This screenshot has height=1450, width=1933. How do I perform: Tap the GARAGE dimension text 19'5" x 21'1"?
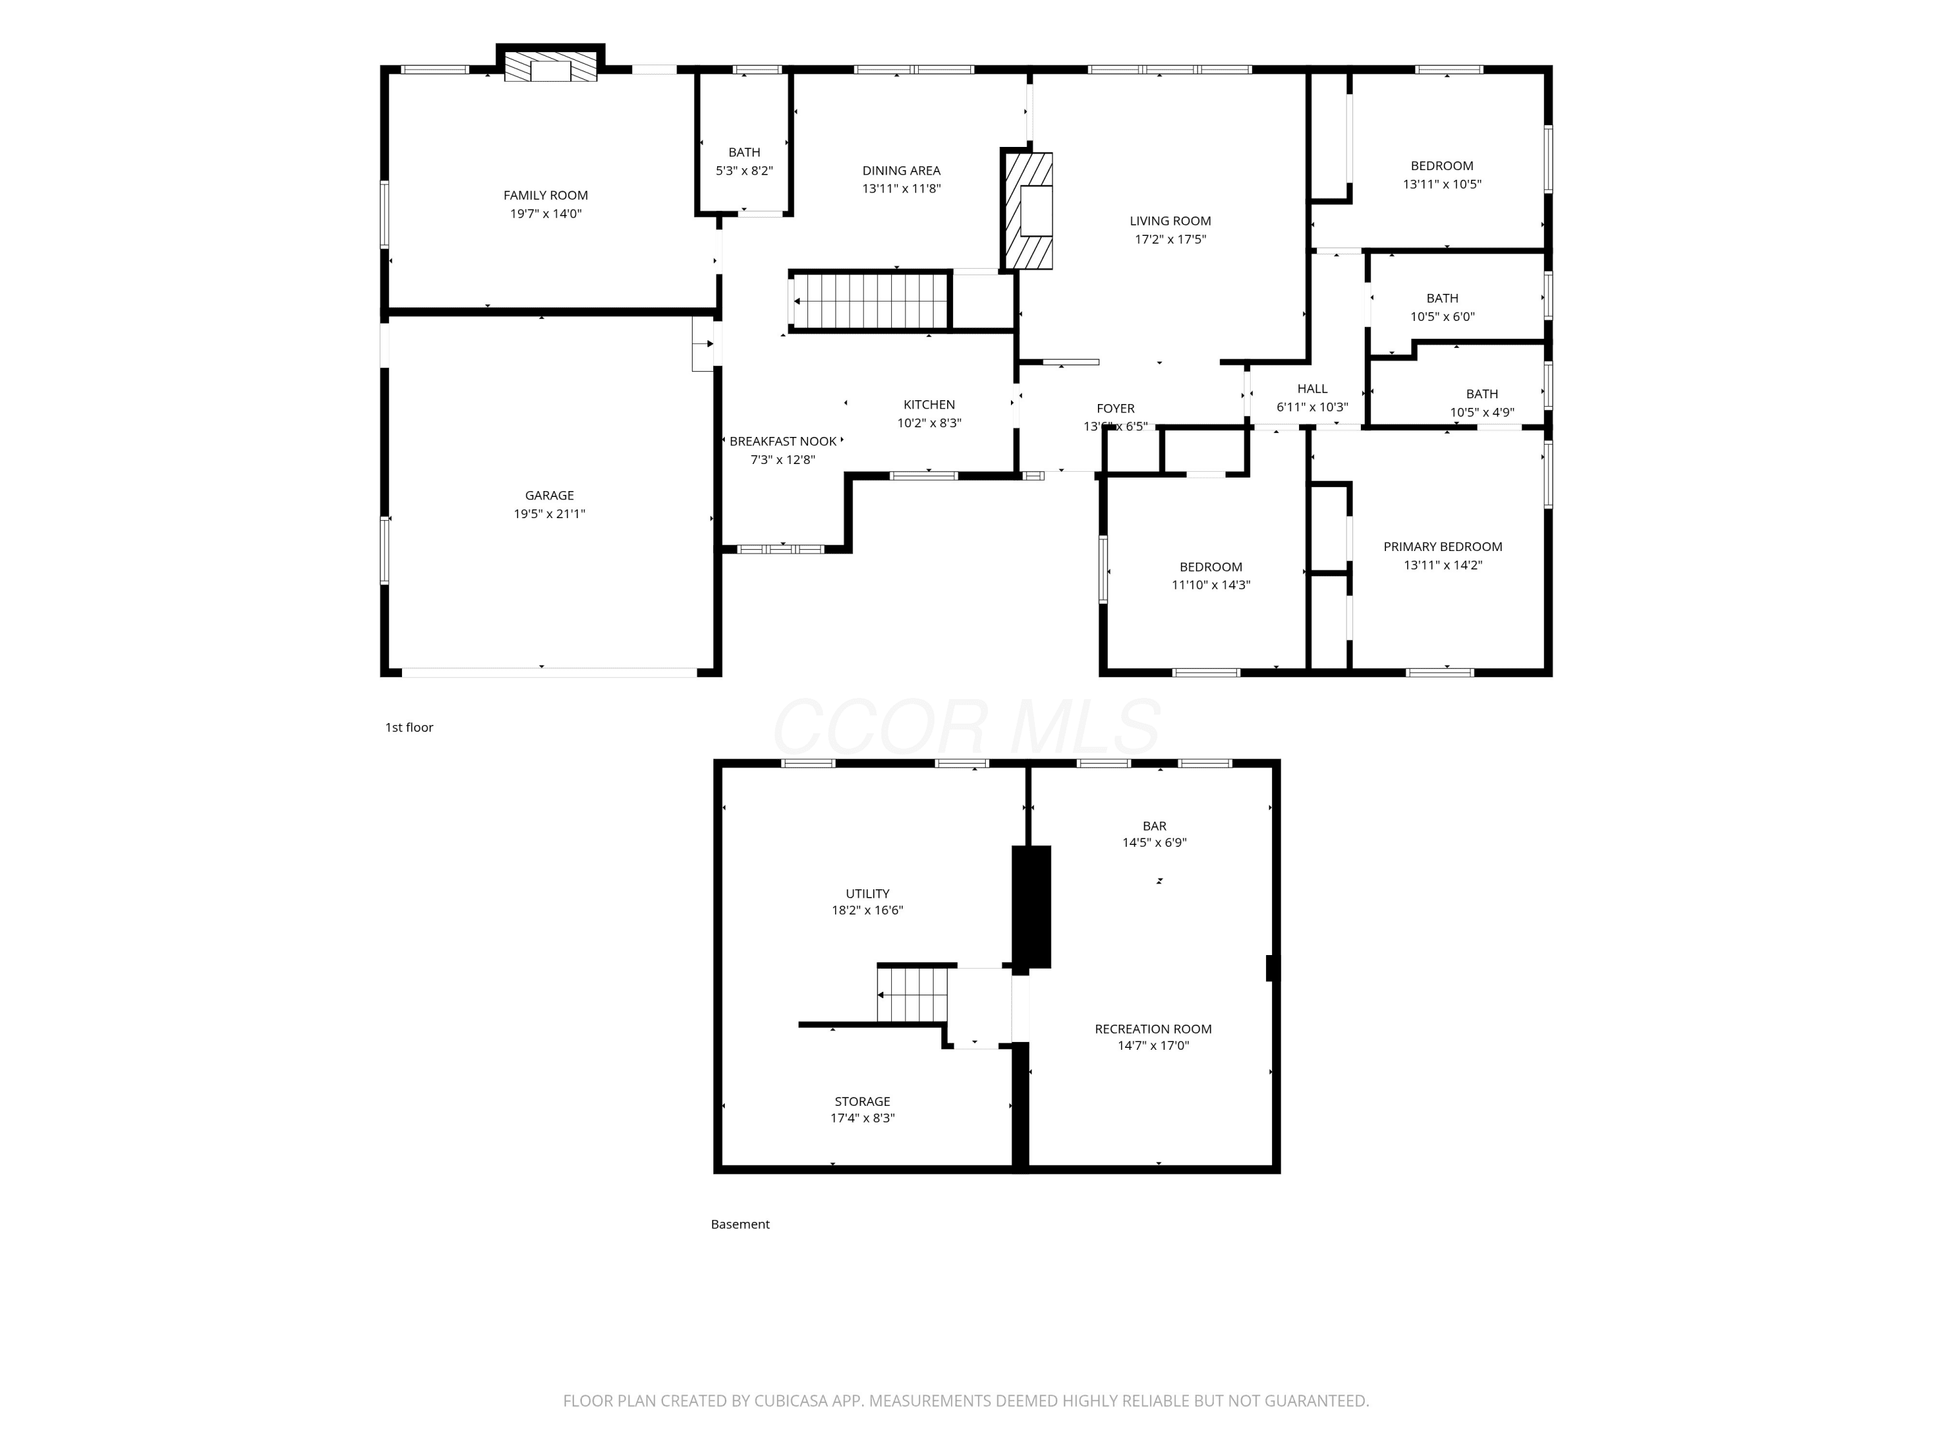549,514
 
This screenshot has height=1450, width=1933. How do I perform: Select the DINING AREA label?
901,170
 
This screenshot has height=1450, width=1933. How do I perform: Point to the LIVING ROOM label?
1170,221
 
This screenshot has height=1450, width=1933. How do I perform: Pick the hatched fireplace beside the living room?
1028,211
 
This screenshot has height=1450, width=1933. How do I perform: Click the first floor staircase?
869,301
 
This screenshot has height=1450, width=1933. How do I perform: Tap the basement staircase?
912,994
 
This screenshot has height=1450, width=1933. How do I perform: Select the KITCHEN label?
929,405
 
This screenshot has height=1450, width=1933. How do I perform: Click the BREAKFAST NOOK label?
783,441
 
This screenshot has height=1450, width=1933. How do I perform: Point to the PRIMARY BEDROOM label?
1443,547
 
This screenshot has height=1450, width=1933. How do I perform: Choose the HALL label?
1312,389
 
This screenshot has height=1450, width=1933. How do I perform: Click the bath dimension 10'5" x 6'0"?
1442,317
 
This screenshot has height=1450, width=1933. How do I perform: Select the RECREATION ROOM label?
1153,1029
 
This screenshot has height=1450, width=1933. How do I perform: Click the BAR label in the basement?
1155,826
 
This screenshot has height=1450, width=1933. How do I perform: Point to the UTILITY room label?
867,893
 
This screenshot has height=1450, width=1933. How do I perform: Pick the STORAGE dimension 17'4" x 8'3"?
863,1118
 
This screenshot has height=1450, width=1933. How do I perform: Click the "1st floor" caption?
409,727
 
